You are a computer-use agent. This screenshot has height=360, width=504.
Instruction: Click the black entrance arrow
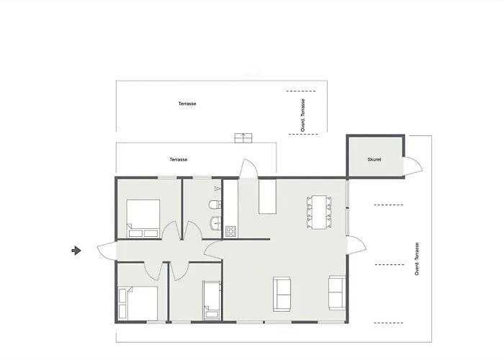click(x=76, y=251)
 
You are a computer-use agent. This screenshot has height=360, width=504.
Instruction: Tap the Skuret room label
click(x=374, y=159)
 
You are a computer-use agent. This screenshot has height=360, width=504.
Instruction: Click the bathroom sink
click(x=216, y=222)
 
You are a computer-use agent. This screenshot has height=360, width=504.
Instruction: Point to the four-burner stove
click(x=231, y=231)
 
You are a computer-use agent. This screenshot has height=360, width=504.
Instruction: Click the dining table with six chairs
click(x=320, y=212)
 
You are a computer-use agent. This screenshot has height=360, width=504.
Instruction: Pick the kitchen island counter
click(x=267, y=197)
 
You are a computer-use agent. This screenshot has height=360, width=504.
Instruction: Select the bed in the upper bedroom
click(x=143, y=219)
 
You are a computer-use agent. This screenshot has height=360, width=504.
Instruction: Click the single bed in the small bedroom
click(x=212, y=300)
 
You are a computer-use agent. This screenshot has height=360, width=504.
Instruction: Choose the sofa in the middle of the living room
click(x=282, y=294)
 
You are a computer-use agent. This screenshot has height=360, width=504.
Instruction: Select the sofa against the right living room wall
click(x=337, y=292)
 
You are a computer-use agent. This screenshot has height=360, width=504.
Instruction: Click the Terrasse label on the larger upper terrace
click(x=187, y=104)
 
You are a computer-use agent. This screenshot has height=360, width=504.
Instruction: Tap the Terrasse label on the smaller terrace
click(x=179, y=159)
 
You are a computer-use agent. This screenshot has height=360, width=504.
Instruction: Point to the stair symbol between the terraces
click(x=243, y=138)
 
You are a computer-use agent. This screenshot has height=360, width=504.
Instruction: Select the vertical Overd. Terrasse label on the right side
click(x=417, y=259)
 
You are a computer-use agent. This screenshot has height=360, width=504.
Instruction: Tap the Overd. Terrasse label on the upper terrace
click(x=303, y=115)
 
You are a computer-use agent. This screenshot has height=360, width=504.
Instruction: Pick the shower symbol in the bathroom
click(x=217, y=188)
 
